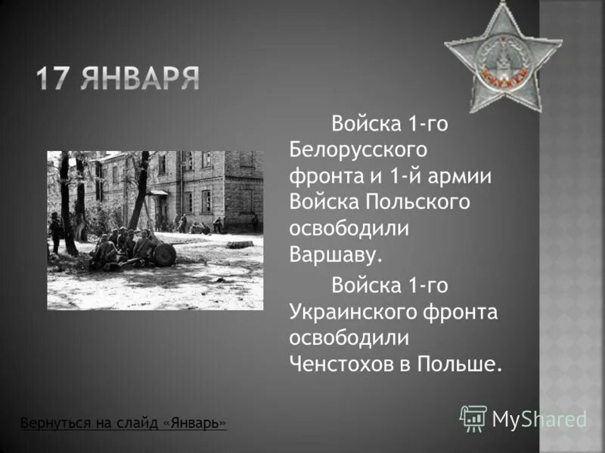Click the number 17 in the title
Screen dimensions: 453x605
coord(58,79)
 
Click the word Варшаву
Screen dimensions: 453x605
coord(336,254)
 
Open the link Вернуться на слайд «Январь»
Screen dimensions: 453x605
coord(123,423)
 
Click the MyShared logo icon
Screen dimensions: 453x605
coord(473,418)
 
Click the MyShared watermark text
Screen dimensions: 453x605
coord(540,420)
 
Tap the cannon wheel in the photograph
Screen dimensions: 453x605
coord(164,254)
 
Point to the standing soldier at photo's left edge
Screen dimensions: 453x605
coord(54,231)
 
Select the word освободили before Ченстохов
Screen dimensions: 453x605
coord(349,338)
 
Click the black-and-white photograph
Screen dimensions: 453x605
coord(155,230)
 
